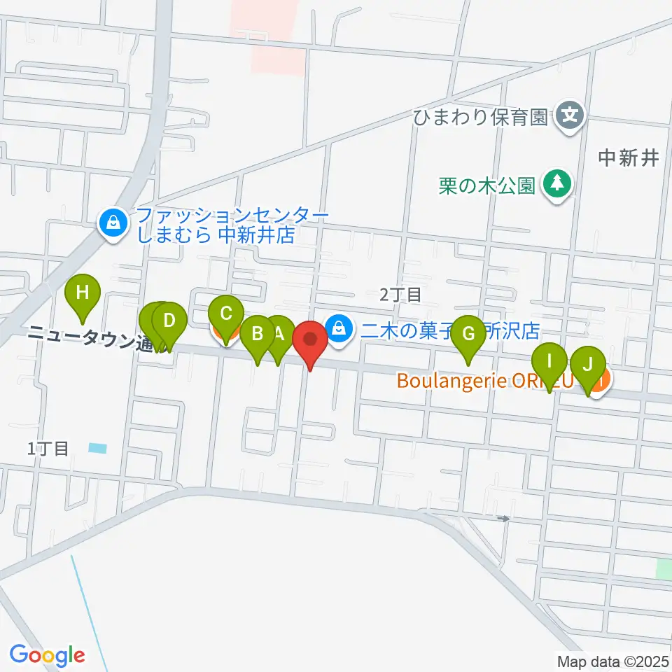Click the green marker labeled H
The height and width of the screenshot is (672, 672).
83,293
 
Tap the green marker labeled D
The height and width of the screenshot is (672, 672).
169,322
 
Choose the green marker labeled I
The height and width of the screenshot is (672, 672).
549,363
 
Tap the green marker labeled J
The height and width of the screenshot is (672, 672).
588,365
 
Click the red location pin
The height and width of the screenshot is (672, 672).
309,340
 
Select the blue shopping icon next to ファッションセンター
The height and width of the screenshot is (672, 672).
112,225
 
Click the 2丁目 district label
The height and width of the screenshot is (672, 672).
400,295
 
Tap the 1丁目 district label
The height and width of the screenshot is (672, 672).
48,449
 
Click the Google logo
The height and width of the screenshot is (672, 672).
47,655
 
